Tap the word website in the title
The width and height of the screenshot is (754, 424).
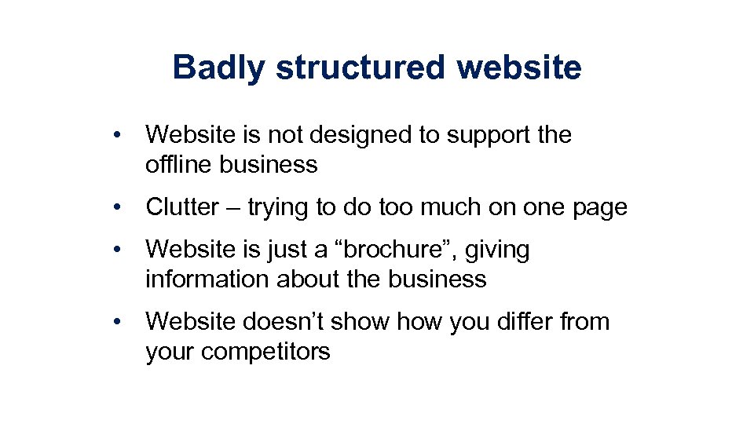520,68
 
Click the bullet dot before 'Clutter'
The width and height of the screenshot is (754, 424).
117,207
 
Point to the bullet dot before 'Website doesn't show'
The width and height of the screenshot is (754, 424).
117,322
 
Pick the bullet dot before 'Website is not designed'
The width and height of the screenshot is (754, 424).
117,135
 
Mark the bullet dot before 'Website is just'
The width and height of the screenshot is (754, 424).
117,250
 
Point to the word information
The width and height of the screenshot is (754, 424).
208,279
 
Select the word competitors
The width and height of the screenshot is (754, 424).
265,352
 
